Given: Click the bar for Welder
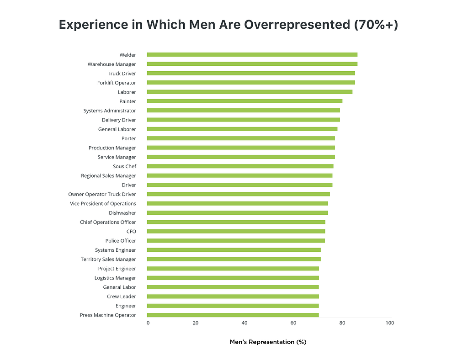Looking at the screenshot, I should (x=252, y=55).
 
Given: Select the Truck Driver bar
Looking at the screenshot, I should (x=250, y=74).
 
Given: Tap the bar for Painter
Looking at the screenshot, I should (x=244, y=101).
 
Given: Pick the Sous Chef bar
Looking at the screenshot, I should (x=240, y=166).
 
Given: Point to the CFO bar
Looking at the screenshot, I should (x=236, y=232).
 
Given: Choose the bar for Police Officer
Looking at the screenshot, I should (x=236, y=241).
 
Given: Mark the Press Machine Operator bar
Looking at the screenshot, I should (x=233, y=315).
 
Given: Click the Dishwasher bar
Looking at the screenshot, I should (x=237, y=213).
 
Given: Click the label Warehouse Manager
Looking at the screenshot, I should (x=112, y=64).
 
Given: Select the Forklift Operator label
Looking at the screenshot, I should (x=117, y=83).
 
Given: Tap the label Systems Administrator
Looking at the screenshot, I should (x=110, y=111).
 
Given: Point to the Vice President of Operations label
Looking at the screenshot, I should (x=103, y=204).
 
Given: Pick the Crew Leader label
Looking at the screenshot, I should (x=121, y=296).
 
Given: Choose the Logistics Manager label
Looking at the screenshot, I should (x=115, y=278).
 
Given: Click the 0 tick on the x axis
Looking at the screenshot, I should (x=148, y=323).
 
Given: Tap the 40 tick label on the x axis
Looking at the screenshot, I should (x=244, y=323).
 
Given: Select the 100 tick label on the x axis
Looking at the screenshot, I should (x=389, y=323).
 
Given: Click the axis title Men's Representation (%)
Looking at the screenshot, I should (x=268, y=342).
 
